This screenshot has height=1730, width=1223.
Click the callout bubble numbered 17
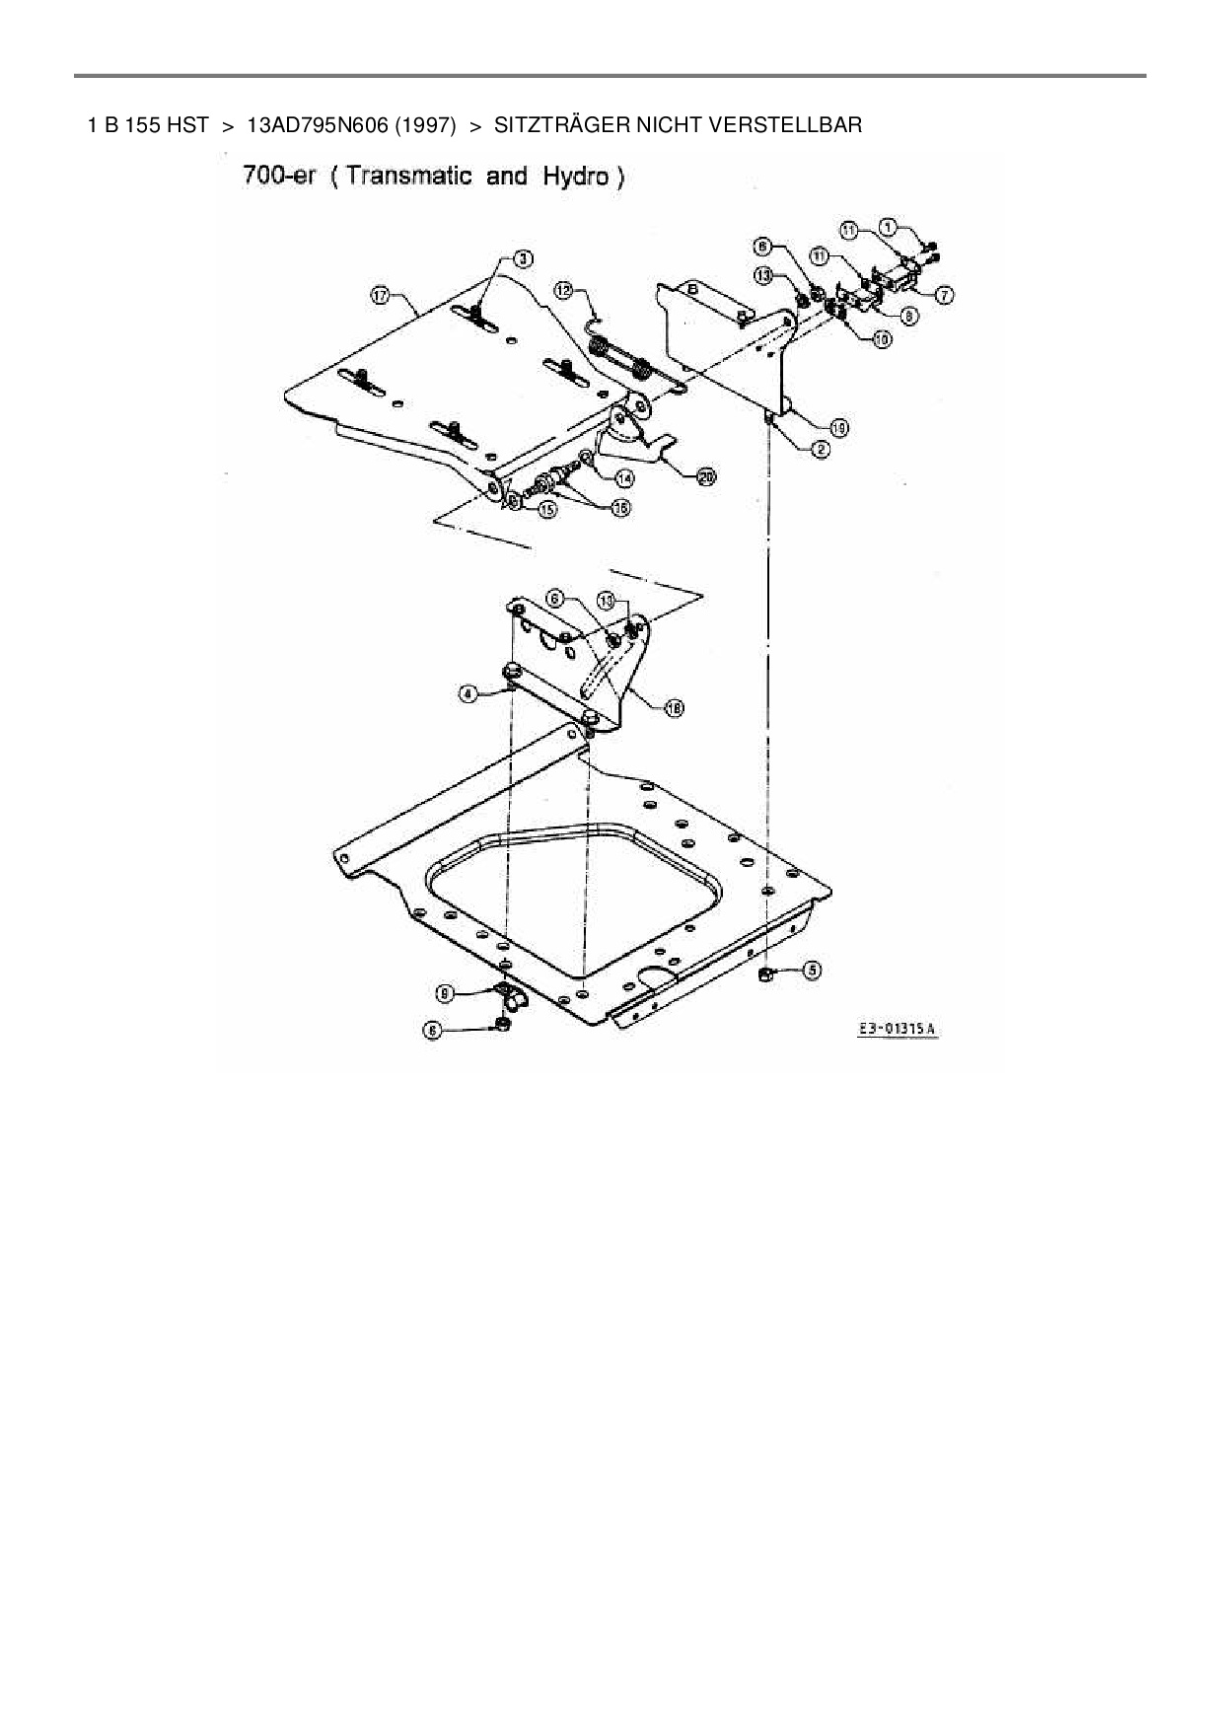380,293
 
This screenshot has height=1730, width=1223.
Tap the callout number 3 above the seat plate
524,258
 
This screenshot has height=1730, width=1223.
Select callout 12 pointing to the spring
563,290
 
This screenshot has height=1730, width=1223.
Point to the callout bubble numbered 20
705,477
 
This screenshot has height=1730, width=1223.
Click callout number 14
623,477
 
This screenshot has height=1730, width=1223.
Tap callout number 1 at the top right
889,227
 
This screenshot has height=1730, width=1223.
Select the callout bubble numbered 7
944,294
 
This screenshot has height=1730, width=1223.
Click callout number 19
838,427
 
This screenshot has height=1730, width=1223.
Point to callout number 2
821,450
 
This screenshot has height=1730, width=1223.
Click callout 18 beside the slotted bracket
675,706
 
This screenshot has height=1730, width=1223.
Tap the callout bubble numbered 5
811,970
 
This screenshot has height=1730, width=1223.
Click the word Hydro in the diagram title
578,178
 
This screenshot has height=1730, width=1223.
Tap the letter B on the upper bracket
692,289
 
